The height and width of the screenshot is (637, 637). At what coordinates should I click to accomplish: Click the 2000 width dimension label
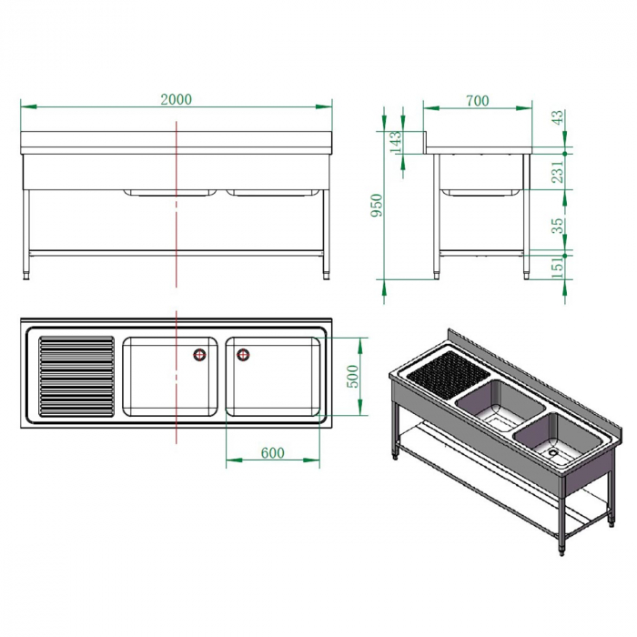click(177, 99)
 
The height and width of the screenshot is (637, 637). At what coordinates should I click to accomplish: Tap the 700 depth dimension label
click(476, 100)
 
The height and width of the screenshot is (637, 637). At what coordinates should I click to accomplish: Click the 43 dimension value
click(558, 119)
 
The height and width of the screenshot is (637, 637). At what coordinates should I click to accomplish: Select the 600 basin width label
click(273, 452)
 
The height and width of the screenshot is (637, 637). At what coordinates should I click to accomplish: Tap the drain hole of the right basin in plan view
click(243, 355)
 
